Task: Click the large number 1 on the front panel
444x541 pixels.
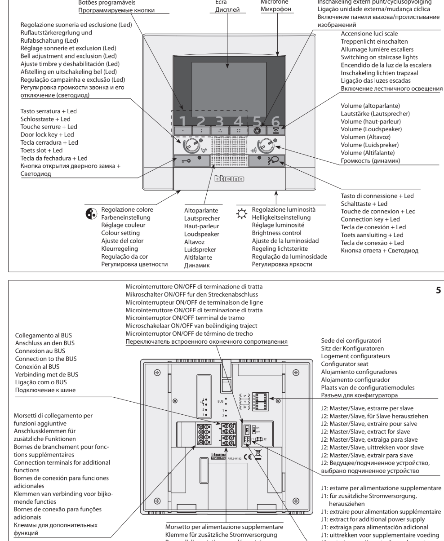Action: tap(183, 120)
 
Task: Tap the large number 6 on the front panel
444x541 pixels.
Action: tap(276, 120)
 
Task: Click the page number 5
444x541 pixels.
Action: tap(438, 291)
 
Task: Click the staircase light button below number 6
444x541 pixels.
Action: tap(276, 131)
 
